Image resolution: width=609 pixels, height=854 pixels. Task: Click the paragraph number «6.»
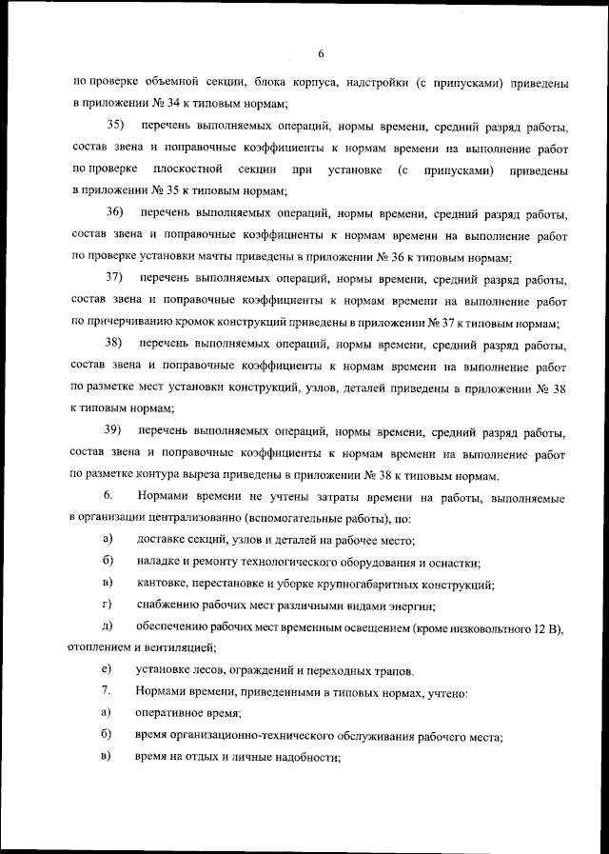click(x=108, y=496)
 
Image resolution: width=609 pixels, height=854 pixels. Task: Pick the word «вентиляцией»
click(x=181, y=647)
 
